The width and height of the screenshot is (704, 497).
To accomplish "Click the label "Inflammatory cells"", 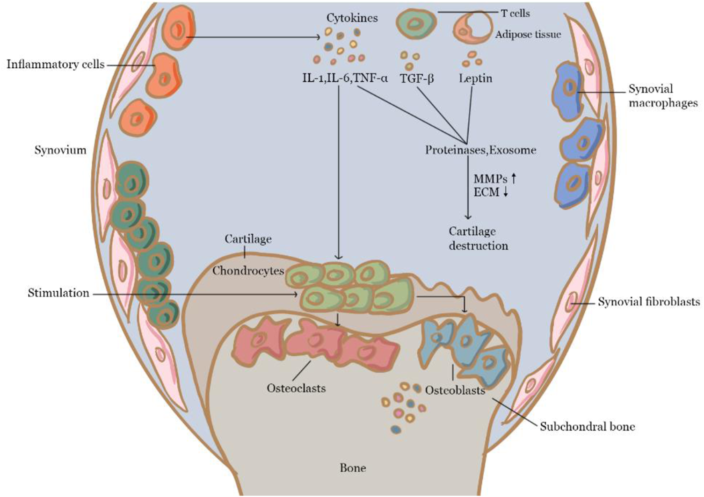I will (55, 64).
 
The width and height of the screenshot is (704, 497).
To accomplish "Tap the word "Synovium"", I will (60, 150).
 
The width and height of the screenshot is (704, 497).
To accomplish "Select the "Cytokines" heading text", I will (352, 18).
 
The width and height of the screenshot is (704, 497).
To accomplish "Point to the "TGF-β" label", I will (417, 78).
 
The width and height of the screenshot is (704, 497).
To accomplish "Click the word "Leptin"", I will (475, 78).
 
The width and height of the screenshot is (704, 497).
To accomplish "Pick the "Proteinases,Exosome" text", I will (480, 150).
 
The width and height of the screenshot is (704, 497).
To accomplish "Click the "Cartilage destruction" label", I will (478, 238).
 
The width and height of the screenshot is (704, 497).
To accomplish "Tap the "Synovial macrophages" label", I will (662, 96).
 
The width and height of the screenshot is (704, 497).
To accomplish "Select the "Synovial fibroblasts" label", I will (649, 302).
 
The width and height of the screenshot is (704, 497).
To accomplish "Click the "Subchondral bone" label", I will (588, 426).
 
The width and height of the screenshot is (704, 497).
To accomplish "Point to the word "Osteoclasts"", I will (296, 388).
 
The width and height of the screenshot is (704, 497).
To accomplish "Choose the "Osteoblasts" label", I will (455, 390).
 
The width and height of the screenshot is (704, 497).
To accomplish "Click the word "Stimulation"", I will (58, 293).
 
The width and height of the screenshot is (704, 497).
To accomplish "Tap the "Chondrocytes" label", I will (248, 271).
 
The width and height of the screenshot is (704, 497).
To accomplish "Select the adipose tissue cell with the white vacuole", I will (473, 26).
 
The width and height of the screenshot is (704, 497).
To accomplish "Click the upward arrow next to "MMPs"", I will (514, 178).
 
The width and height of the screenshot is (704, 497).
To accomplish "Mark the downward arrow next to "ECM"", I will (506, 192).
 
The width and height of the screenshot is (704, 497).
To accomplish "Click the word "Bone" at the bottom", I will (353, 468).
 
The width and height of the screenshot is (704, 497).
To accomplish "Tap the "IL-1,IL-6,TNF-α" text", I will (345, 78).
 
